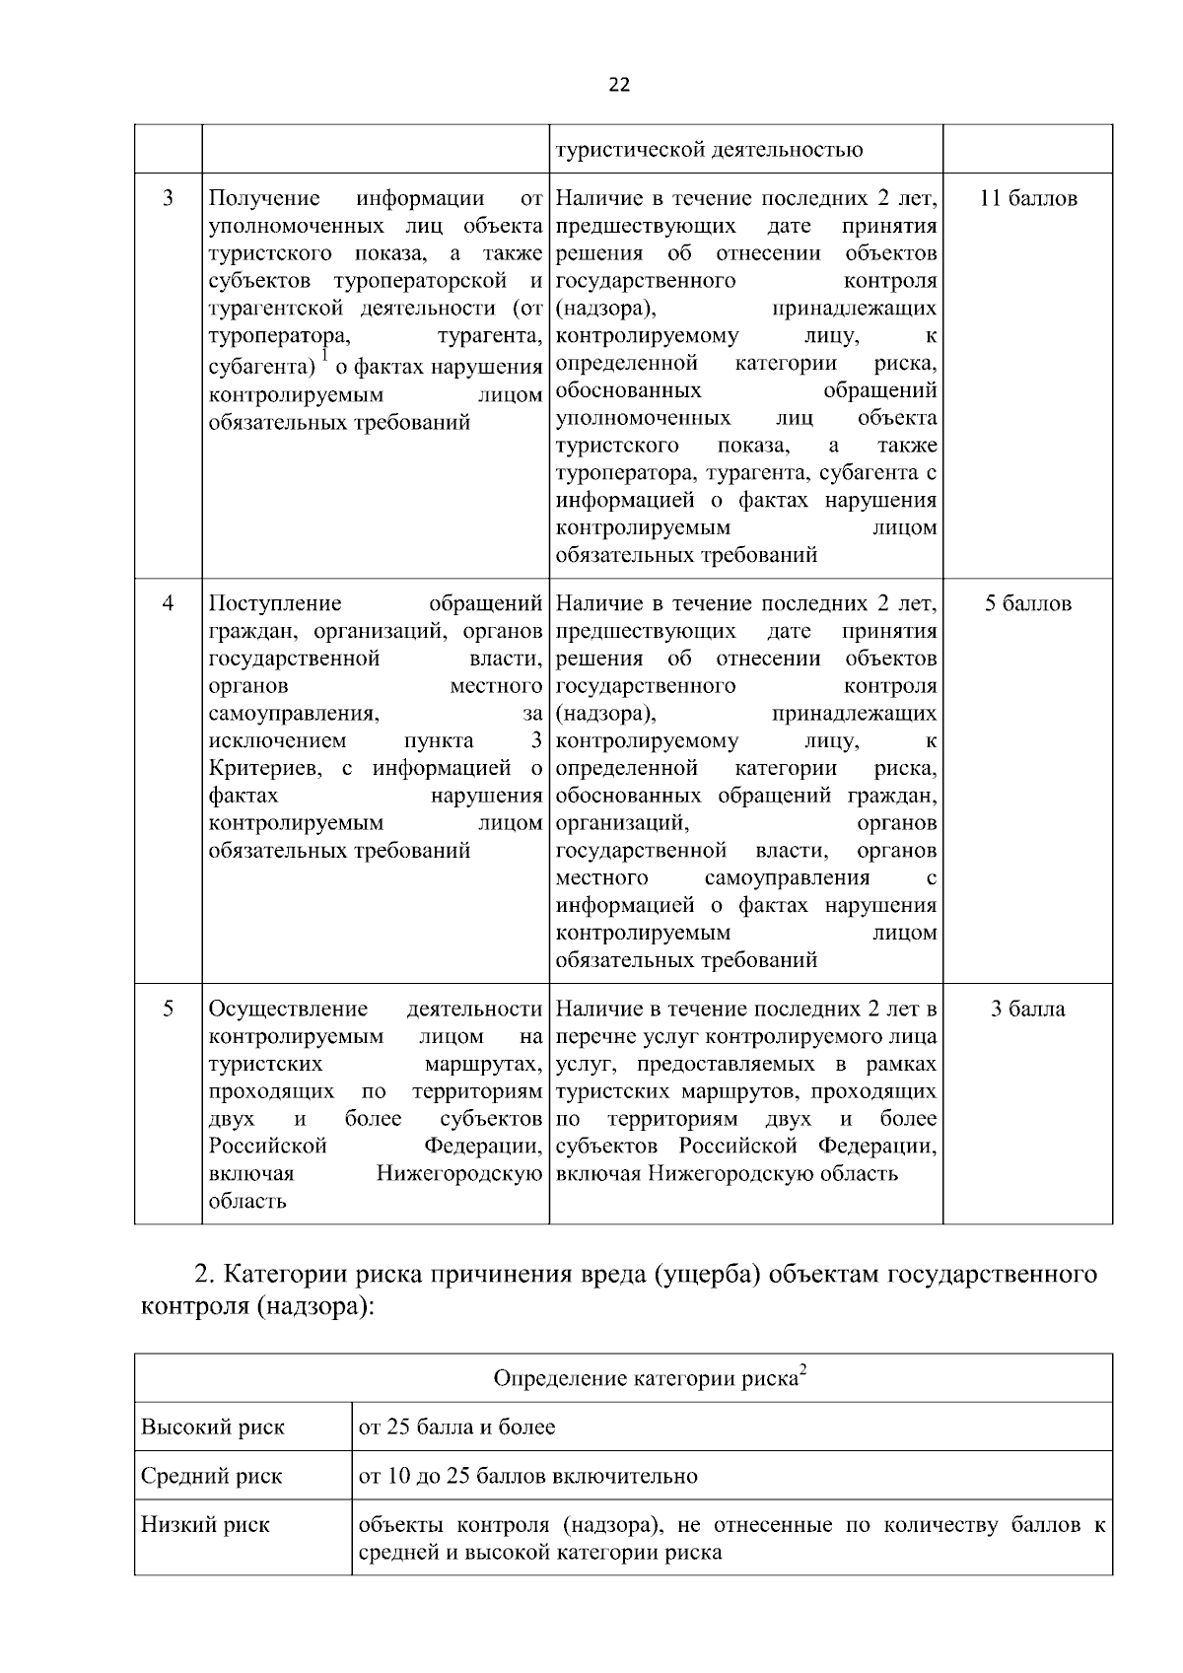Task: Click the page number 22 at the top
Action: pyautogui.click(x=619, y=85)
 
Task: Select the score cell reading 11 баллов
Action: pyautogui.click(x=1027, y=198)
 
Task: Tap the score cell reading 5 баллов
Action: pyautogui.click(x=1027, y=603)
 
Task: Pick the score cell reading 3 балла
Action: pyautogui.click(x=1027, y=1010)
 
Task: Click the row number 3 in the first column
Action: pyautogui.click(x=168, y=198)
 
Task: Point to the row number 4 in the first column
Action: pyautogui.click(x=168, y=603)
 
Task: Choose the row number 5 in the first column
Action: pyautogui.click(x=168, y=1010)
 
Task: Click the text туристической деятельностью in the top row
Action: pyautogui.click(x=709, y=150)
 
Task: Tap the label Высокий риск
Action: pyautogui.click(x=213, y=1428)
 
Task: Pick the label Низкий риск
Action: pyautogui.click(x=205, y=1525)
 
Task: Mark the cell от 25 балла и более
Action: pyautogui.click(x=456, y=1428)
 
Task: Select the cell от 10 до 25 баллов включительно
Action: pyautogui.click(x=527, y=1477)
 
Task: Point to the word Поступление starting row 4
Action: pyautogui.click(x=275, y=603)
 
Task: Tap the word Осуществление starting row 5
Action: pyautogui.click(x=288, y=1010)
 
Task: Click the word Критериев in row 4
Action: pyautogui.click(x=266, y=768)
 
